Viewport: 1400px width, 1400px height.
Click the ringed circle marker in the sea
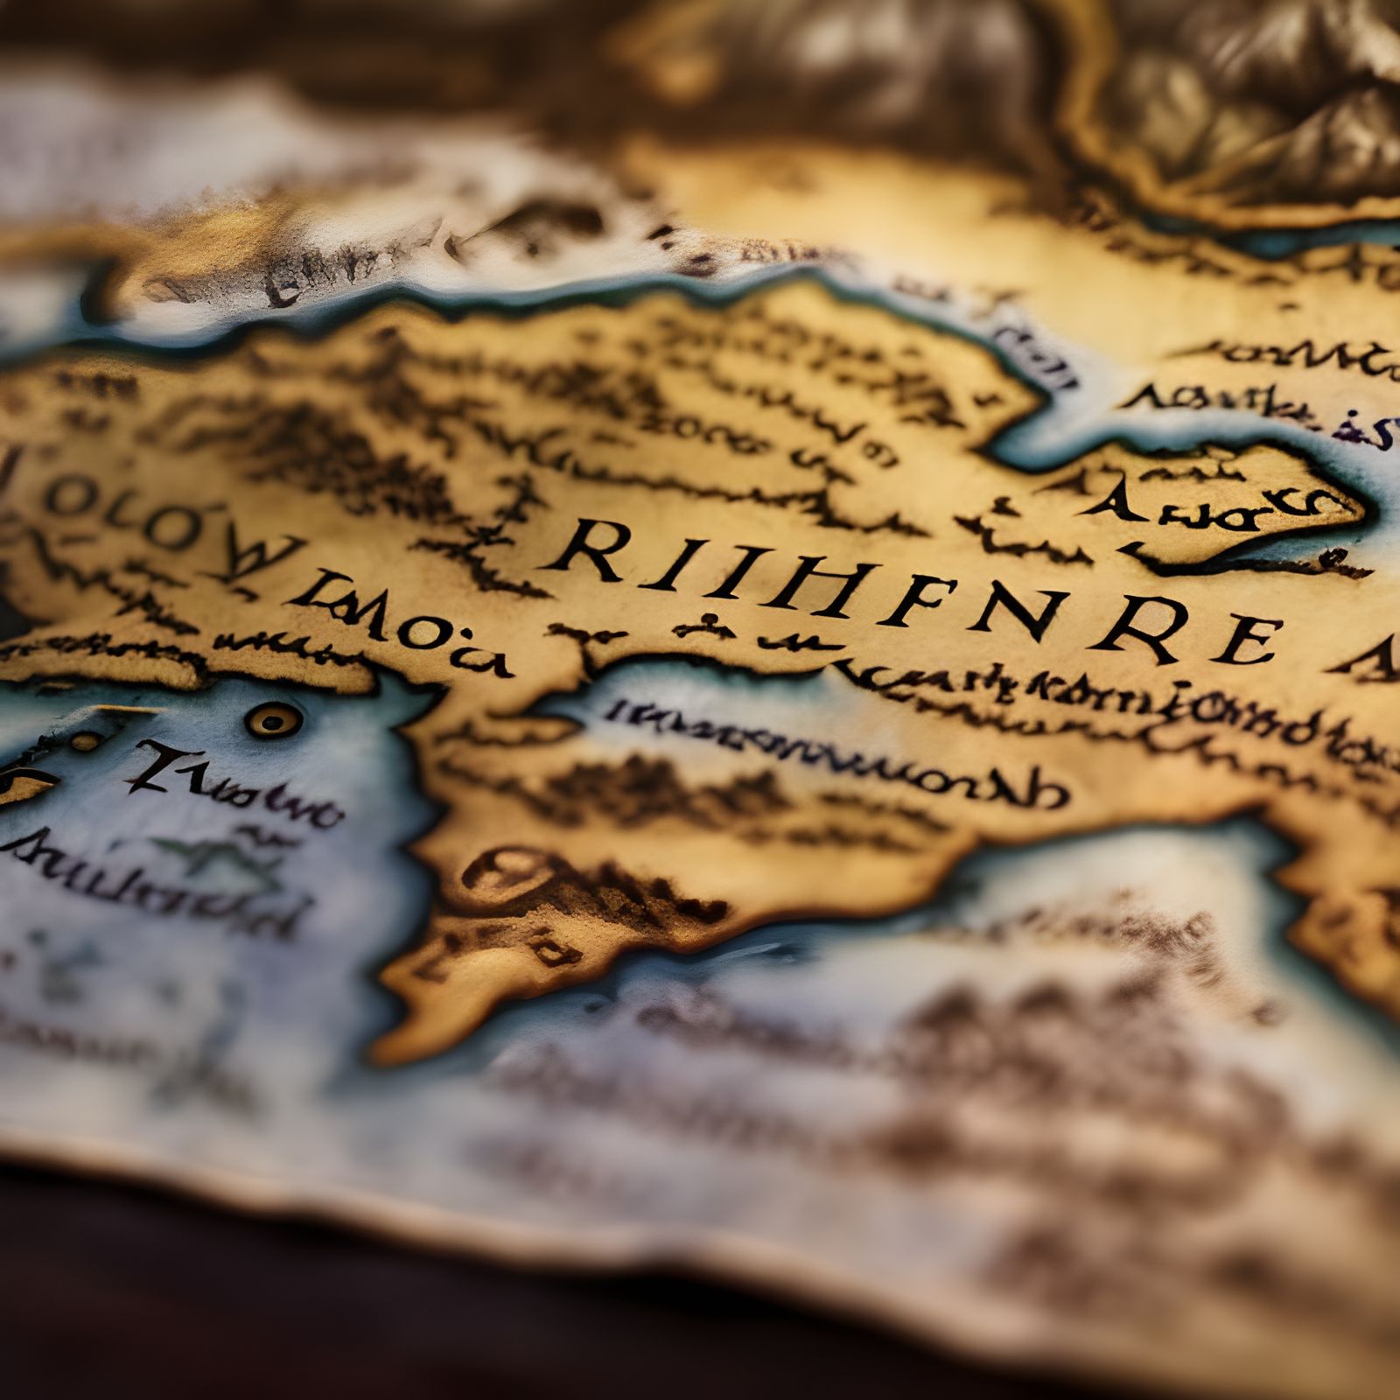tap(274, 720)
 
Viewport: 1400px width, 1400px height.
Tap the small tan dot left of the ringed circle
tap(85, 742)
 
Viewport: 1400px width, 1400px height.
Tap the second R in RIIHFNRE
tap(1140, 626)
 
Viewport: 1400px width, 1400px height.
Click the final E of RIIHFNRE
tap(1246, 641)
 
